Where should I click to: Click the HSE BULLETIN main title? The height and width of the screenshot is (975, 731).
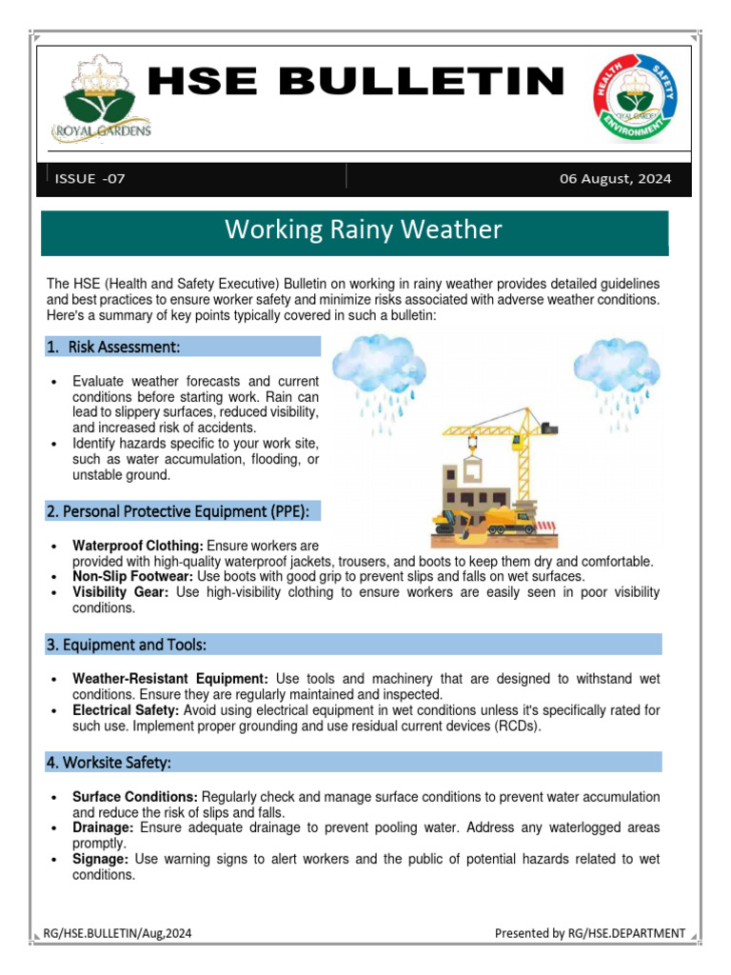tap(356, 82)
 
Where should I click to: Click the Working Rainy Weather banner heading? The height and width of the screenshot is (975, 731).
tap(362, 229)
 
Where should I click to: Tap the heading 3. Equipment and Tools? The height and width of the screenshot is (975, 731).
tap(126, 645)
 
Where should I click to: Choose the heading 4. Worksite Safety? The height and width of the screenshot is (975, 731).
tap(109, 763)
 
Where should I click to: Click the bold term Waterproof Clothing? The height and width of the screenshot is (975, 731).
tap(138, 546)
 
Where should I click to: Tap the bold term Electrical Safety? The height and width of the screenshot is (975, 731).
tap(127, 710)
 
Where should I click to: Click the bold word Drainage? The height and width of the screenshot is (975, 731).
tap(103, 827)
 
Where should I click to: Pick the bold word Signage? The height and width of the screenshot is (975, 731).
tap(101, 859)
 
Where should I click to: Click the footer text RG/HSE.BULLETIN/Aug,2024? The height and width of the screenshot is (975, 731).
tap(118, 933)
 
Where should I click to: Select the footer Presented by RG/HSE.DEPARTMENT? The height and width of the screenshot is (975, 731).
tap(589, 933)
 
